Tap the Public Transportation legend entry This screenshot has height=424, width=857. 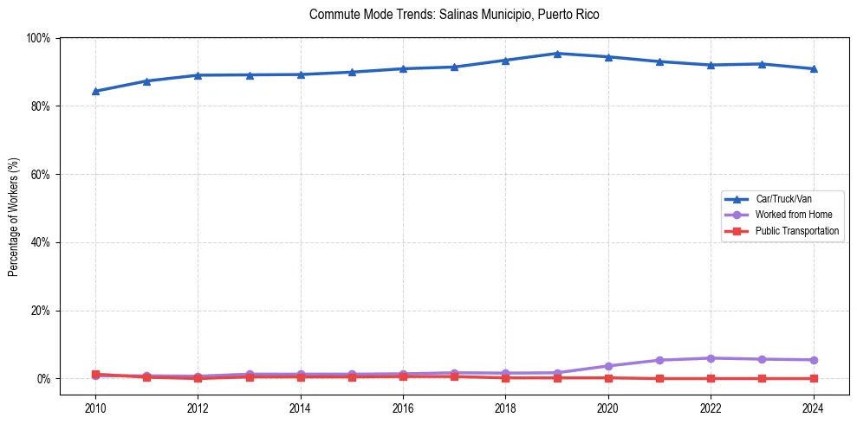click(796, 231)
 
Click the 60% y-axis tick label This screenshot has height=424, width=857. click(40, 175)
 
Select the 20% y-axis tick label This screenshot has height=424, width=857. click(40, 311)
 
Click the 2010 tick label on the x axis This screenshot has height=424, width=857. click(95, 408)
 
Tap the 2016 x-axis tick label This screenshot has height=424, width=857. click(403, 408)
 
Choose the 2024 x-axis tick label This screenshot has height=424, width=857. click(814, 408)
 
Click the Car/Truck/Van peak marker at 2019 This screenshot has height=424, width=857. click(557, 54)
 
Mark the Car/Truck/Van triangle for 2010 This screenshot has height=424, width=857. click(95, 91)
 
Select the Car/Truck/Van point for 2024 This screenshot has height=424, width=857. click(814, 68)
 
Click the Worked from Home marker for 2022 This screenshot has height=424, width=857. click(711, 358)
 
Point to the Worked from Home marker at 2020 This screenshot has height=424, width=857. click(608, 366)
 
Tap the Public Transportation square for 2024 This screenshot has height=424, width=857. click(814, 378)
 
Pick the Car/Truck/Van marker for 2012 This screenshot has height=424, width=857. click(198, 75)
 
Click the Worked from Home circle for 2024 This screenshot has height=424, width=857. click(814, 360)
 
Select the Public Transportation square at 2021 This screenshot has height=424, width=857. click(660, 378)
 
